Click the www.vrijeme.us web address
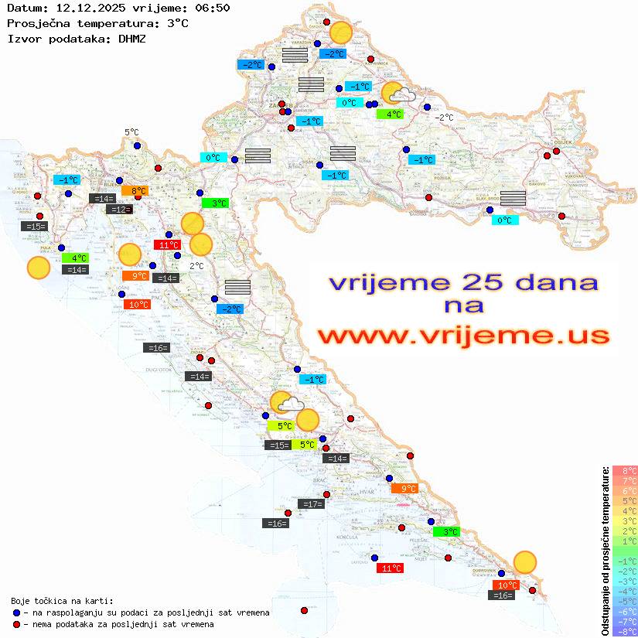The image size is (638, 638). click(x=462, y=336)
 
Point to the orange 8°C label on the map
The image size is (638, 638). click(x=138, y=191)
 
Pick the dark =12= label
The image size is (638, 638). click(x=119, y=210)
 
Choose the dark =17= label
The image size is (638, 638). click(x=312, y=504)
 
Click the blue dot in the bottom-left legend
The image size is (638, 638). click(x=15, y=612)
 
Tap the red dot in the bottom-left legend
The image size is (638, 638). click(x=15, y=624)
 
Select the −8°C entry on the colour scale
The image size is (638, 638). click(x=624, y=632)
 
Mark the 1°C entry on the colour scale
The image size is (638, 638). click(x=624, y=541)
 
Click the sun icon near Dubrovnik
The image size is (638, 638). click(x=525, y=562)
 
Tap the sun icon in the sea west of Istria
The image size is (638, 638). click(x=38, y=268)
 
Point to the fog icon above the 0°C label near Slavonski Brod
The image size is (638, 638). click(x=513, y=198)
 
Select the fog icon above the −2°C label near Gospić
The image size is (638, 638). click(x=237, y=287)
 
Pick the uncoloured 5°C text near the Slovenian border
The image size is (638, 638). click(x=131, y=132)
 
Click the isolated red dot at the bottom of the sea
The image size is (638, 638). click(x=304, y=610)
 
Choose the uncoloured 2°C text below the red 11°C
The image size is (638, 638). click(x=196, y=266)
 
